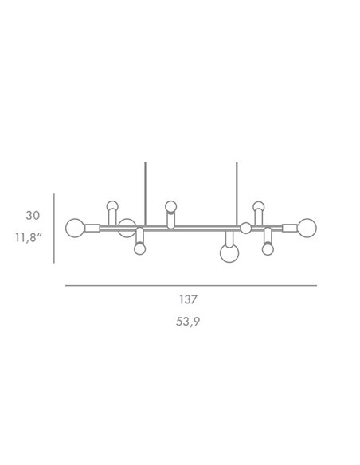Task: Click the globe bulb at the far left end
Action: (75, 228)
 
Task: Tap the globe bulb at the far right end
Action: (307, 228)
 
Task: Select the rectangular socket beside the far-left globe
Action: (92, 228)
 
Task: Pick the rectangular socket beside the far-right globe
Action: (290, 228)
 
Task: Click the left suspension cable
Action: (145, 193)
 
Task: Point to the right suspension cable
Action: (237, 193)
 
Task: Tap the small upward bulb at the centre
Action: (171, 206)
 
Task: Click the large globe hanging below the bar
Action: (229, 253)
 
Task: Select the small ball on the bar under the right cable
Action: (246, 228)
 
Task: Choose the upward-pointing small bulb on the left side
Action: (112, 206)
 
